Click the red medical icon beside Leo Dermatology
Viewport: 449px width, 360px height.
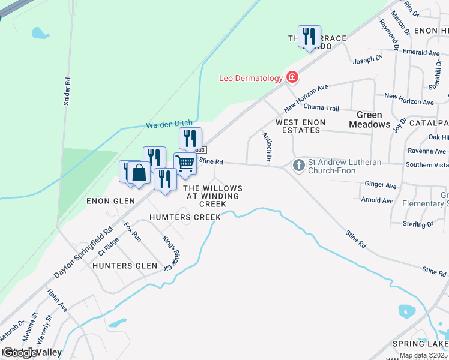click(x=292, y=77)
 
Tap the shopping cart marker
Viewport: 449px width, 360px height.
click(x=185, y=163)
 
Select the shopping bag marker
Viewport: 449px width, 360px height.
click(x=139, y=173)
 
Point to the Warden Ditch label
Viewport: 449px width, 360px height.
click(x=169, y=125)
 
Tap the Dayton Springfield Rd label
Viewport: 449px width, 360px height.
click(x=83, y=251)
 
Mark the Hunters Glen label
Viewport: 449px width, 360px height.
click(x=121, y=265)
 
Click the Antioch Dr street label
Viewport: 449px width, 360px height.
click(x=267, y=147)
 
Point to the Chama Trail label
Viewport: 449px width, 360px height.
click(x=321, y=108)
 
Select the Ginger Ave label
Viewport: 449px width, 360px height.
click(x=380, y=185)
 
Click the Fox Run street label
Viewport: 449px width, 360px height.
click(x=132, y=232)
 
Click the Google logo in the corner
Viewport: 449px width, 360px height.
click(x=20, y=353)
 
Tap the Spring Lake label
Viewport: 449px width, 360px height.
click(x=420, y=344)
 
